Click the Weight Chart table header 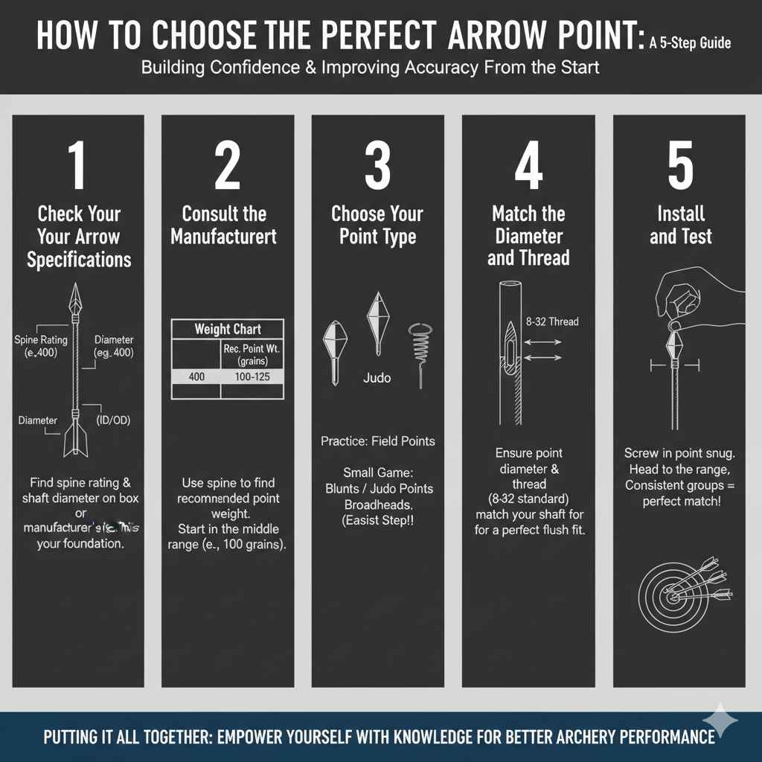(x=228, y=329)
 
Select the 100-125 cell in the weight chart (x=252, y=377)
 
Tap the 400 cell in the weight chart (x=196, y=377)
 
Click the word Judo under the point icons (x=377, y=377)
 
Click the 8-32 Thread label (x=553, y=321)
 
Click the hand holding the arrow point (x=692, y=298)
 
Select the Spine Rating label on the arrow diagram (x=41, y=340)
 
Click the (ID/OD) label (x=113, y=420)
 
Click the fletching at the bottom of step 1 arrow (x=74, y=439)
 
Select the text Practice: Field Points (x=377, y=441)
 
